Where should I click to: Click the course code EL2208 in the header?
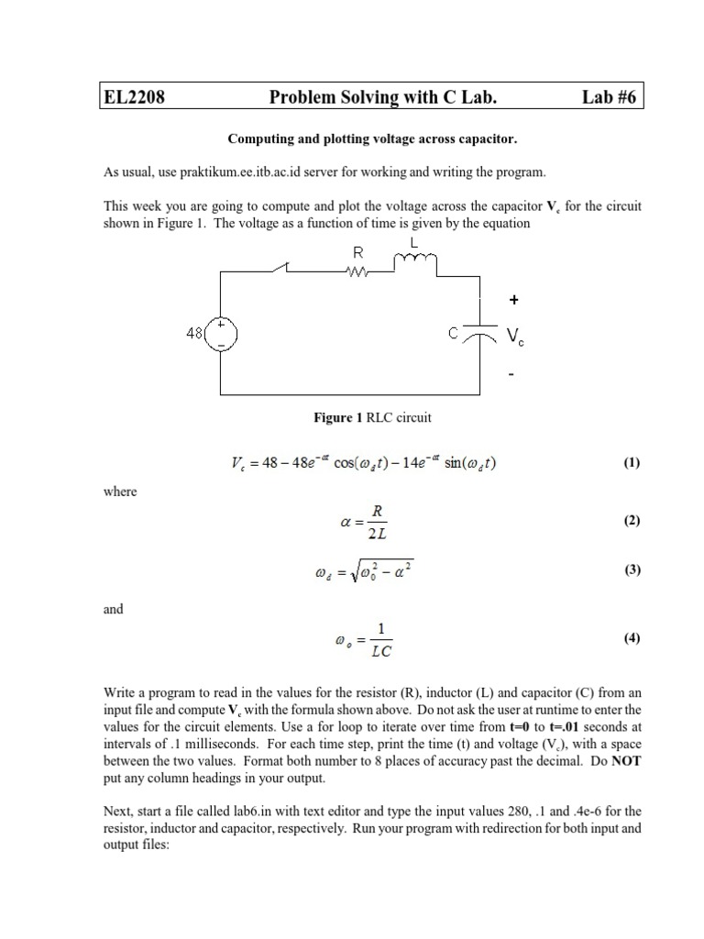(133, 97)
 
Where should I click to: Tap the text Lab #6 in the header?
(610, 97)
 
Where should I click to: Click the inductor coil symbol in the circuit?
(416, 263)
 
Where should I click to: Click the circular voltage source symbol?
(221, 335)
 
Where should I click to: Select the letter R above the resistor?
(358, 250)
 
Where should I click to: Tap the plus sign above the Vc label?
(512, 299)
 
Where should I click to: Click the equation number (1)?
(632, 463)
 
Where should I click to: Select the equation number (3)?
(632, 569)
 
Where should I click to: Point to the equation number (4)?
(632, 639)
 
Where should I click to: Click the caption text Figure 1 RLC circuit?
(372, 418)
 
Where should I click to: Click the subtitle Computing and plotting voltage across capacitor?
(372, 139)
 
